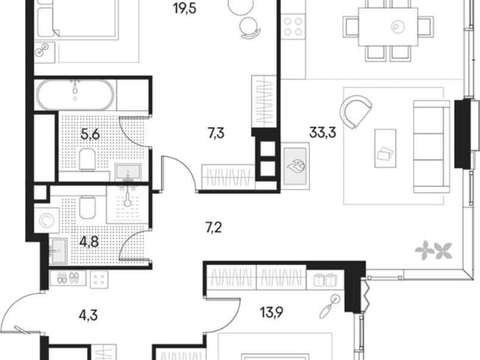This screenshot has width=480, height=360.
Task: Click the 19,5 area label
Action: (x=185, y=8)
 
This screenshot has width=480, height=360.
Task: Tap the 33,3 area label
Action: (x=322, y=133)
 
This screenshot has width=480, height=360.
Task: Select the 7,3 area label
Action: (x=216, y=133)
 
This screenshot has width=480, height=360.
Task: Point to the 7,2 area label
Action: (x=214, y=228)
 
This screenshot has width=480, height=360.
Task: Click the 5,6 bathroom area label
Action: (x=90, y=134)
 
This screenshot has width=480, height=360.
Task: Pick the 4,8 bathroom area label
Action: (x=88, y=241)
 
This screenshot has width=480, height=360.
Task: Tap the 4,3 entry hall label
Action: (x=88, y=315)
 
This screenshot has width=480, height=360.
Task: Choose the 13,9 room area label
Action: (x=271, y=313)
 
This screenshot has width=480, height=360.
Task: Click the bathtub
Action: (x=75, y=95)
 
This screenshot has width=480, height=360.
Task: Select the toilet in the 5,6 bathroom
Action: (x=88, y=160)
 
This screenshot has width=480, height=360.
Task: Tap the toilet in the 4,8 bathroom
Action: (x=87, y=207)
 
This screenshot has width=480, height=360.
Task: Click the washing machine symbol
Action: (x=46, y=220)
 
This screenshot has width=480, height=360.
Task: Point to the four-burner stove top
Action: (x=293, y=26)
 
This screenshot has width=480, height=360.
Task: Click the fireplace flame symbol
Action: (x=295, y=166)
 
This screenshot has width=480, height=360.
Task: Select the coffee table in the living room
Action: (x=385, y=148)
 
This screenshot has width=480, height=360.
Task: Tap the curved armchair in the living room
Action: (x=355, y=112)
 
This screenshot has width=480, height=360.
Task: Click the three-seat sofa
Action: (x=431, y=147)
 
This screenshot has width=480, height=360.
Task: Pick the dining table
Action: (x=388, y=27)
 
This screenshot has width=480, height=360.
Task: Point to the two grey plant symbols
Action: (x=433, y=250)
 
